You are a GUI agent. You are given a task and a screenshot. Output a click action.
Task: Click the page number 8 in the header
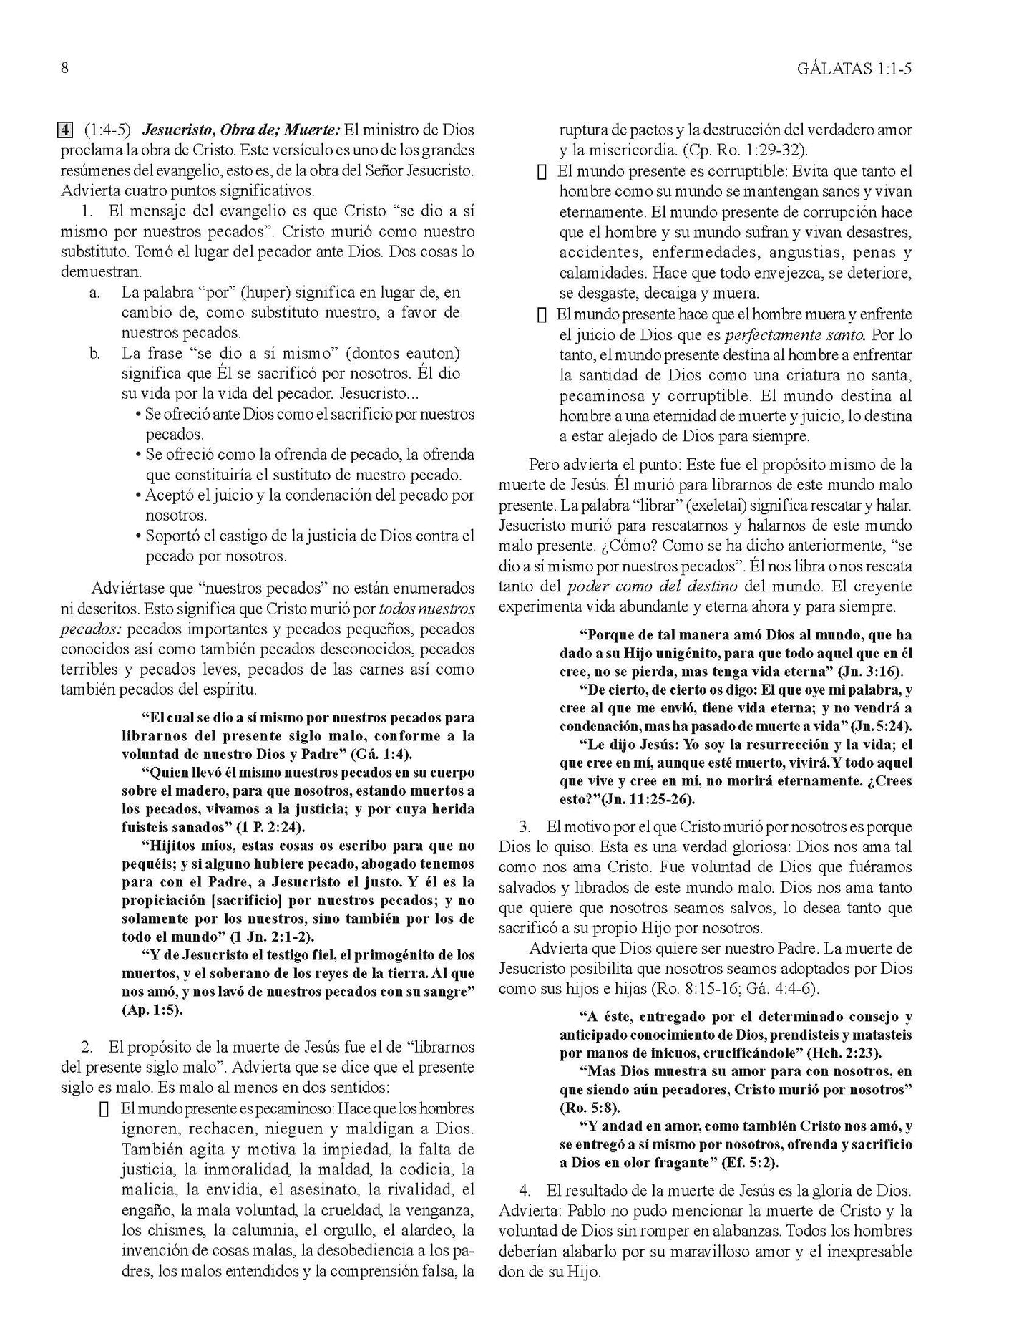click(x=65, y=69)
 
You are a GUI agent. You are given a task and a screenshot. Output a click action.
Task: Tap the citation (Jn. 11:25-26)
click(x=648, y=800)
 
